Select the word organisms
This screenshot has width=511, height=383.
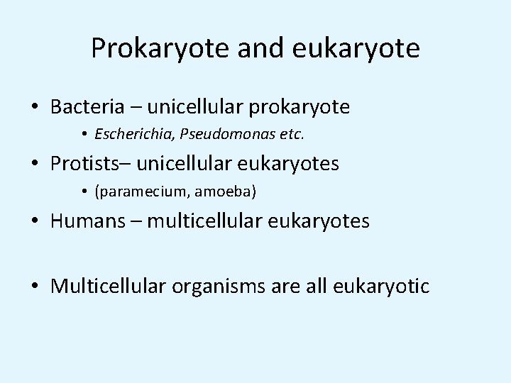pos(218,287)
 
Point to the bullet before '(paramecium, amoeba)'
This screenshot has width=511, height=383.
pos(84,192)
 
